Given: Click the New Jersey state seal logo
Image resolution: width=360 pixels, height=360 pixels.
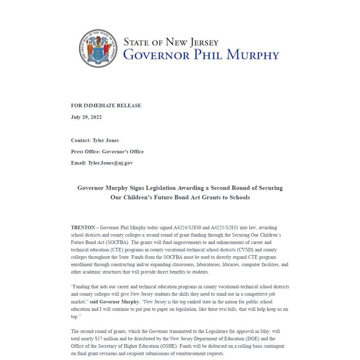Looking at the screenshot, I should click(x=98, y=49).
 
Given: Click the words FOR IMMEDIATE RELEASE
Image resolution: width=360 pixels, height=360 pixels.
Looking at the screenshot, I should click(x=106, y=105).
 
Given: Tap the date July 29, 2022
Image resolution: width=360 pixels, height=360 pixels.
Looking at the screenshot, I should click(x=86, y=117).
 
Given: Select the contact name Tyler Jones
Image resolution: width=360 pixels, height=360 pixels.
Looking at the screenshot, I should click(x=105, y=140).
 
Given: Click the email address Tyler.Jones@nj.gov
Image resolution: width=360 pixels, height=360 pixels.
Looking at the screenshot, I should click(x=110, y=163).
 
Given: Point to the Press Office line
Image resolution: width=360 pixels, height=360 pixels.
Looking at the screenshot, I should click(x=107, y=152).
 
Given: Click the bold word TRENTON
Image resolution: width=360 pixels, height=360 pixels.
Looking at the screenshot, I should click(x=83, y=227).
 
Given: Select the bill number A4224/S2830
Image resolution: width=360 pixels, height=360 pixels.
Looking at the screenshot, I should click(x=187, y=227).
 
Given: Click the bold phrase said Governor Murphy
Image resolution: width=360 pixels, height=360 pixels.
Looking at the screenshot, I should click(x=115, y=302).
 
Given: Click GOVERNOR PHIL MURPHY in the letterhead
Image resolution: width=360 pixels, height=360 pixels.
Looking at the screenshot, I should click(x=201, y=55).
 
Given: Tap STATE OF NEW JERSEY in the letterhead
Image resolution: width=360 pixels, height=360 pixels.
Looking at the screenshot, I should click(x=171, y=42).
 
